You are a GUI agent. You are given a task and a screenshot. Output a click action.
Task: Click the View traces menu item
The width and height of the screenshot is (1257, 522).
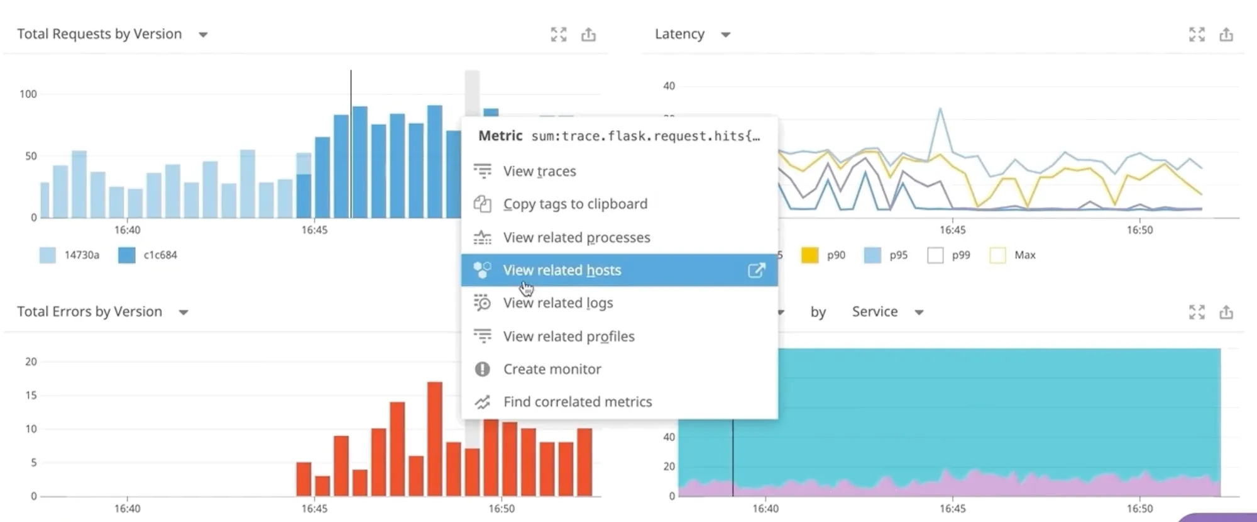tap(539, 171)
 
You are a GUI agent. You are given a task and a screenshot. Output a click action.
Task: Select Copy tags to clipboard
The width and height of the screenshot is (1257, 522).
tap(574, 204)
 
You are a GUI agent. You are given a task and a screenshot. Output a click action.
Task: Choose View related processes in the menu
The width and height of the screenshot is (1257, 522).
tap(576, 238)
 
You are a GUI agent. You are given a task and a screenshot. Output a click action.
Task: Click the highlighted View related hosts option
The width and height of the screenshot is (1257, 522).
tap(562, 270)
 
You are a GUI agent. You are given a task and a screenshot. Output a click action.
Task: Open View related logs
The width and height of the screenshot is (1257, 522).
tap(557, 303)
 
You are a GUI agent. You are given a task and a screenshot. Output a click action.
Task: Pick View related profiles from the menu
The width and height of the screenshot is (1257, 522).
tap(568, 336)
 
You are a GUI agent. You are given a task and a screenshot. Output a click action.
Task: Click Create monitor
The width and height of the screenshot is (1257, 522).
tap(552, 369)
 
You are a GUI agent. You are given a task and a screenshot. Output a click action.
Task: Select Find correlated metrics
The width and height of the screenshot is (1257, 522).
tap(577, 402)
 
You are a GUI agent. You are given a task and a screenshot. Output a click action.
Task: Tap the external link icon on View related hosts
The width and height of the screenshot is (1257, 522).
tap(756, 270)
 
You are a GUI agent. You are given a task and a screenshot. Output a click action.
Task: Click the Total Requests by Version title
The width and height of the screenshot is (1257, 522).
tap(99, 34)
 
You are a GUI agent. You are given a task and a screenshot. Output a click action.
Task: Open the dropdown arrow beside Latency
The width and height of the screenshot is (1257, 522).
tap(725, 35)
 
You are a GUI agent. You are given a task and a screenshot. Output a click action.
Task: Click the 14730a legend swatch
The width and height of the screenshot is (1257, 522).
tap(48, 255)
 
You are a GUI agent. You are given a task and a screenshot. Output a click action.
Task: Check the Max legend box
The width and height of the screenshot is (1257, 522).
tap(997, 255)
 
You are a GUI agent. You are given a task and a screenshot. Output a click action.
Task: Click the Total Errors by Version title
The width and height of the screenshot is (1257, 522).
tap(89, 312)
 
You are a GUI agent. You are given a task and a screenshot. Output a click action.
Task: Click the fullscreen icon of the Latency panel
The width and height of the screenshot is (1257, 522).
tap(1197, 35)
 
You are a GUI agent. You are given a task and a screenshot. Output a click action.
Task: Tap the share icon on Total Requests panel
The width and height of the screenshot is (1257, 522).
tap(588, 35)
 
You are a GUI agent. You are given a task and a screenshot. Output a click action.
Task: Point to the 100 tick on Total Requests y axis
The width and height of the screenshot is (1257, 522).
tap(28, 94)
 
